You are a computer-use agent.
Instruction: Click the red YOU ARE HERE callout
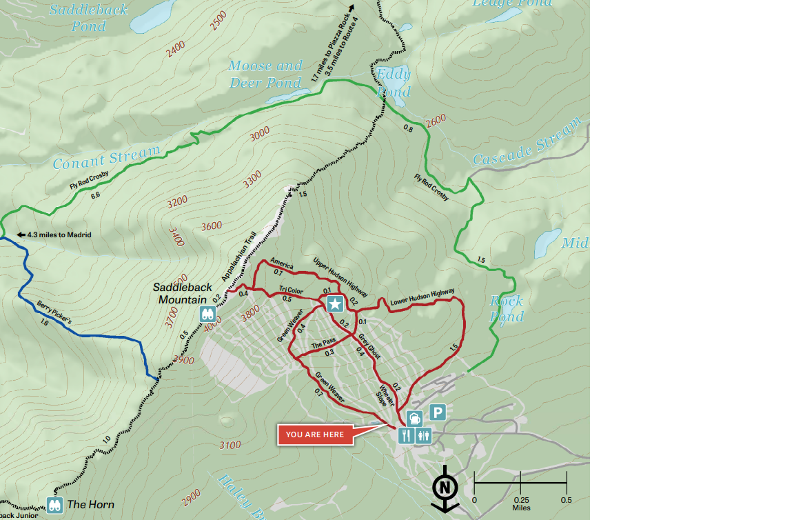(315, 434)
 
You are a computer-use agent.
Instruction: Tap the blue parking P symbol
(438, 412)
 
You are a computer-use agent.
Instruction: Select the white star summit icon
(335, 303)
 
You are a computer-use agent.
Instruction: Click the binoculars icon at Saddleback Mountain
(208, 314)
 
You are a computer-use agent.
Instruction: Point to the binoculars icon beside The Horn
(56, 505)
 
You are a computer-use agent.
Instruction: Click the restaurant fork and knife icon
(406, 435)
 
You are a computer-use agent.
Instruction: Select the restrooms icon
(423, 435)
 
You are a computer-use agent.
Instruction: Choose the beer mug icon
(414, 418)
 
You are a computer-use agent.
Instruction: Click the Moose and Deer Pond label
(265, 74)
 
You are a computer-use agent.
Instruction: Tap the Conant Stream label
(106, 157)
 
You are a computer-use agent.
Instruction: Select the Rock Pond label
(507, 308)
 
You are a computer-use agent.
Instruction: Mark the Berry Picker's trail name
(53, 312)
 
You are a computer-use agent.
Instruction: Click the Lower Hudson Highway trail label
(422, 298)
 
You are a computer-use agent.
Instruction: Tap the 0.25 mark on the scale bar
(520, 500)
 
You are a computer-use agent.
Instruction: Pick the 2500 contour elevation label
(218, 21)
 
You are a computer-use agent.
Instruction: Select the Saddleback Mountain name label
(179, 293)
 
